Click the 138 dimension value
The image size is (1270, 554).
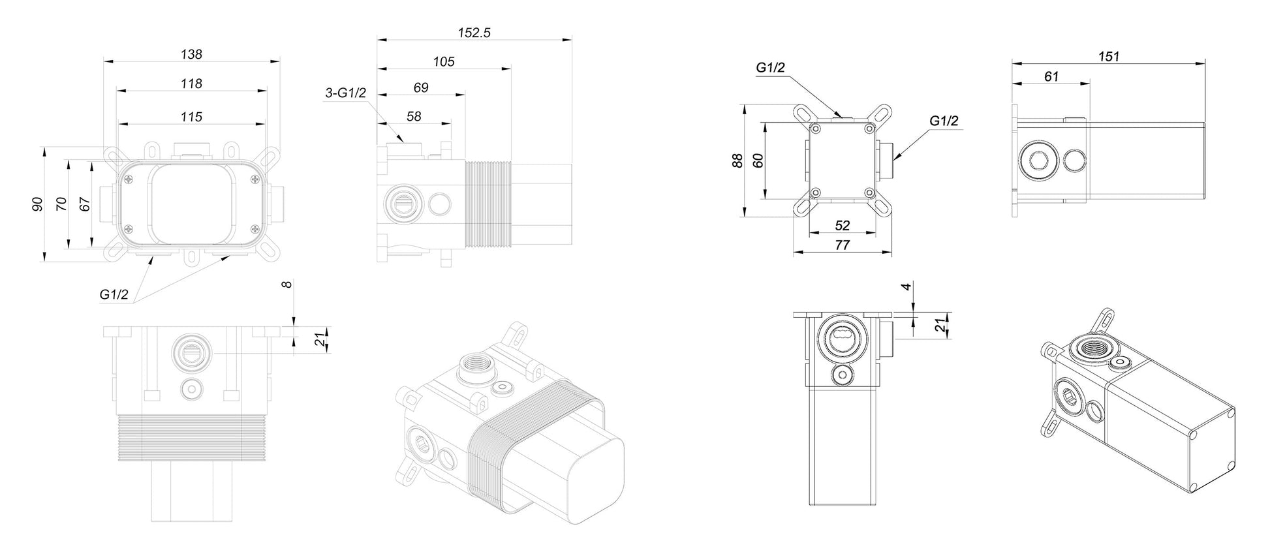(x=191, y=54)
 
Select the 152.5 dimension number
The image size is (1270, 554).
(x=474, y=33)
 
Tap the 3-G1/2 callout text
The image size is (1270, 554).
(x=346, y=93)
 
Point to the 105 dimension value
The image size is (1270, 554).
(x=444, y=62)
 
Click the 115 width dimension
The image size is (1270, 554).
(x=191, y=117)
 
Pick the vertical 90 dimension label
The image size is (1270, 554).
(x=37, y=204)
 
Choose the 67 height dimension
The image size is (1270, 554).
(x=84, y=204)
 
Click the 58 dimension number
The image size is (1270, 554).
(x=414, y=116)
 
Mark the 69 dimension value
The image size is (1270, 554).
(x=421, y=87)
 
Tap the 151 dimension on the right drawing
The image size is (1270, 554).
(x=1108, y=57)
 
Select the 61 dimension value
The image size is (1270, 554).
(x=1051, y=76)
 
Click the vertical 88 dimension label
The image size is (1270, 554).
(x=737, y=161)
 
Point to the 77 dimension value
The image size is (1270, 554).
(x=843, y=245)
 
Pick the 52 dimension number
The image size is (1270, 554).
(x=843, y=225)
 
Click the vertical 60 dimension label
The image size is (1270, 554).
(x=758, y=161)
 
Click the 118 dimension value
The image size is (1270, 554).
(x=191, y=84)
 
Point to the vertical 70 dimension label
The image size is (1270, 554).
(x=61, y=204)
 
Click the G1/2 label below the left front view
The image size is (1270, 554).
(x=114, y=294)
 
